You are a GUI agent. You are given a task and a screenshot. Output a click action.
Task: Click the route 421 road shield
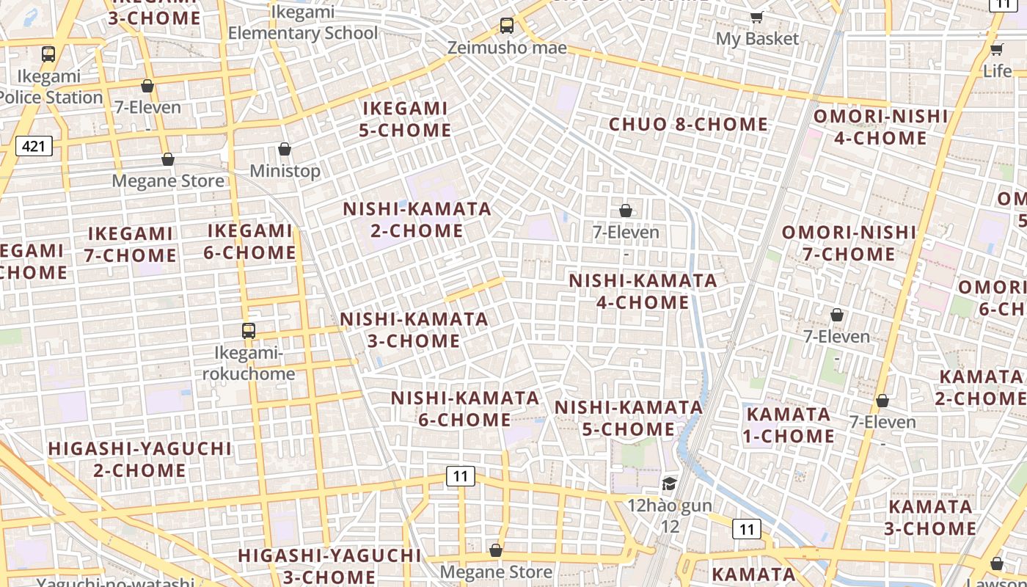34,146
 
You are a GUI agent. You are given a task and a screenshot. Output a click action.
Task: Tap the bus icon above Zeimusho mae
506,26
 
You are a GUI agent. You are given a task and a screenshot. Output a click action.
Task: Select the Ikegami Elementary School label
303,23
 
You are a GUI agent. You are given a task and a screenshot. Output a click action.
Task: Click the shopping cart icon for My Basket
756,17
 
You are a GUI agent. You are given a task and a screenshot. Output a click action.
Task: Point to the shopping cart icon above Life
997,49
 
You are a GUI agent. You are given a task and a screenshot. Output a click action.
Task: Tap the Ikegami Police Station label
50,87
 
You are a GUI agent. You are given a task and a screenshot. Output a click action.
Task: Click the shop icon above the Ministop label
285,150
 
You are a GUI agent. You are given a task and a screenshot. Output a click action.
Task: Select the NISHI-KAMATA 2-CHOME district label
417,219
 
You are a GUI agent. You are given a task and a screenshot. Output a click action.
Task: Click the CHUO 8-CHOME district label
688,125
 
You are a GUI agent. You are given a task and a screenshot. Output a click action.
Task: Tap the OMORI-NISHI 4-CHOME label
880,127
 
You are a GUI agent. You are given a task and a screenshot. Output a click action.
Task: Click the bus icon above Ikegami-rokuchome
249,331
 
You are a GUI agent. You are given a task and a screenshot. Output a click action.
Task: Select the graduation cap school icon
669,484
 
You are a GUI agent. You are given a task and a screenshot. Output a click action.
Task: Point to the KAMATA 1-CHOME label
789,425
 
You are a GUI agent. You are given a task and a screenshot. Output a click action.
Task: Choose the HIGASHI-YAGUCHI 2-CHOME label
139,459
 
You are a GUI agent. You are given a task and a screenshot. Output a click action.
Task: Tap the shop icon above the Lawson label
996,564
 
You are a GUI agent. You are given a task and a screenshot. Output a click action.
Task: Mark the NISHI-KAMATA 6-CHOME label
465,409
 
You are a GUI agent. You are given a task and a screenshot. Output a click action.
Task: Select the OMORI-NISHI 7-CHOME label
849,244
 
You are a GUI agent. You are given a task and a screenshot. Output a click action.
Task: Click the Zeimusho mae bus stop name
508,48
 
